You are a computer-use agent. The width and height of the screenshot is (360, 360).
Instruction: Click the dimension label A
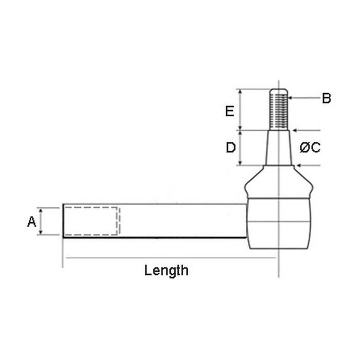click(32, 222)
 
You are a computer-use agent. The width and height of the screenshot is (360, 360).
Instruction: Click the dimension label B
click(327, 98)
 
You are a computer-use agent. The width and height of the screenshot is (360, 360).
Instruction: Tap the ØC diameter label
click(310, 148)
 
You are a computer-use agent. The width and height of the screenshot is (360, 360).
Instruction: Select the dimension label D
click(231, 148)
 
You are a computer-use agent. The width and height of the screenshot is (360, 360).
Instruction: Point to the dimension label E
click(231, 111)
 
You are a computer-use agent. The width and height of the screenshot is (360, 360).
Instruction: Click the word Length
click(166, 270)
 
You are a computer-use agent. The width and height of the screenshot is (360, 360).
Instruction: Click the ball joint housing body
click(279, 222)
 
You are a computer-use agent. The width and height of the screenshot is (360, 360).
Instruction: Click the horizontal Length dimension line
click(169, 258)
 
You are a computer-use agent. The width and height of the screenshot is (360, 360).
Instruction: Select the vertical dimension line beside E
click(240, 110)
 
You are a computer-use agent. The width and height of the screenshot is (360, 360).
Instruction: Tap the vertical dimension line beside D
click(240, 148)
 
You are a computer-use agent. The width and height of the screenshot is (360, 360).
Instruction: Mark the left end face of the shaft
click(63, 221)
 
